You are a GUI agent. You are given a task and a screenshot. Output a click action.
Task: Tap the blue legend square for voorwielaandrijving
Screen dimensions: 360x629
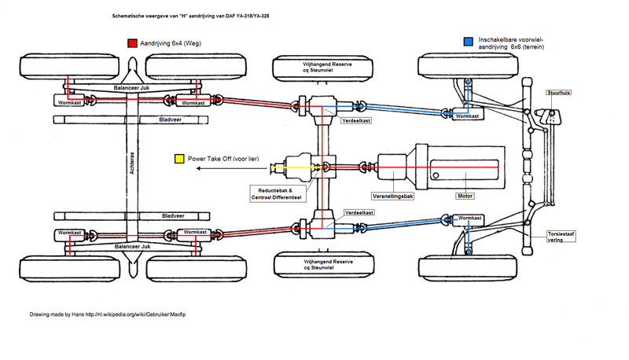click(x=468, y=41)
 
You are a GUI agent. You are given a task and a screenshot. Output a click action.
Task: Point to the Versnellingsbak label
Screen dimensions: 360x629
click(x=393, y=196)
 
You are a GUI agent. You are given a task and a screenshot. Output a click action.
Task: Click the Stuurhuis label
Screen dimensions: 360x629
click(x=558, y=93)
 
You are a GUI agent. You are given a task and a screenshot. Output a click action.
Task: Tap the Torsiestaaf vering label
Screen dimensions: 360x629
click(x=562, y=238)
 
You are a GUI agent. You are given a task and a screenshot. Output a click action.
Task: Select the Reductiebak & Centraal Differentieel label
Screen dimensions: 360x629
click(x=275, y=194)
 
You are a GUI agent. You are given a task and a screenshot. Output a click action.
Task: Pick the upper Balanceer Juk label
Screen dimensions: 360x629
click(x=131, y=88)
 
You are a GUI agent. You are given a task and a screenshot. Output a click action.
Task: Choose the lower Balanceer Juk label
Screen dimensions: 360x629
click(x=131, y=247)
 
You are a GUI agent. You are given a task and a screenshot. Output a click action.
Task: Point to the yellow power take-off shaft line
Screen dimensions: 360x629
click(x=299, y=167)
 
